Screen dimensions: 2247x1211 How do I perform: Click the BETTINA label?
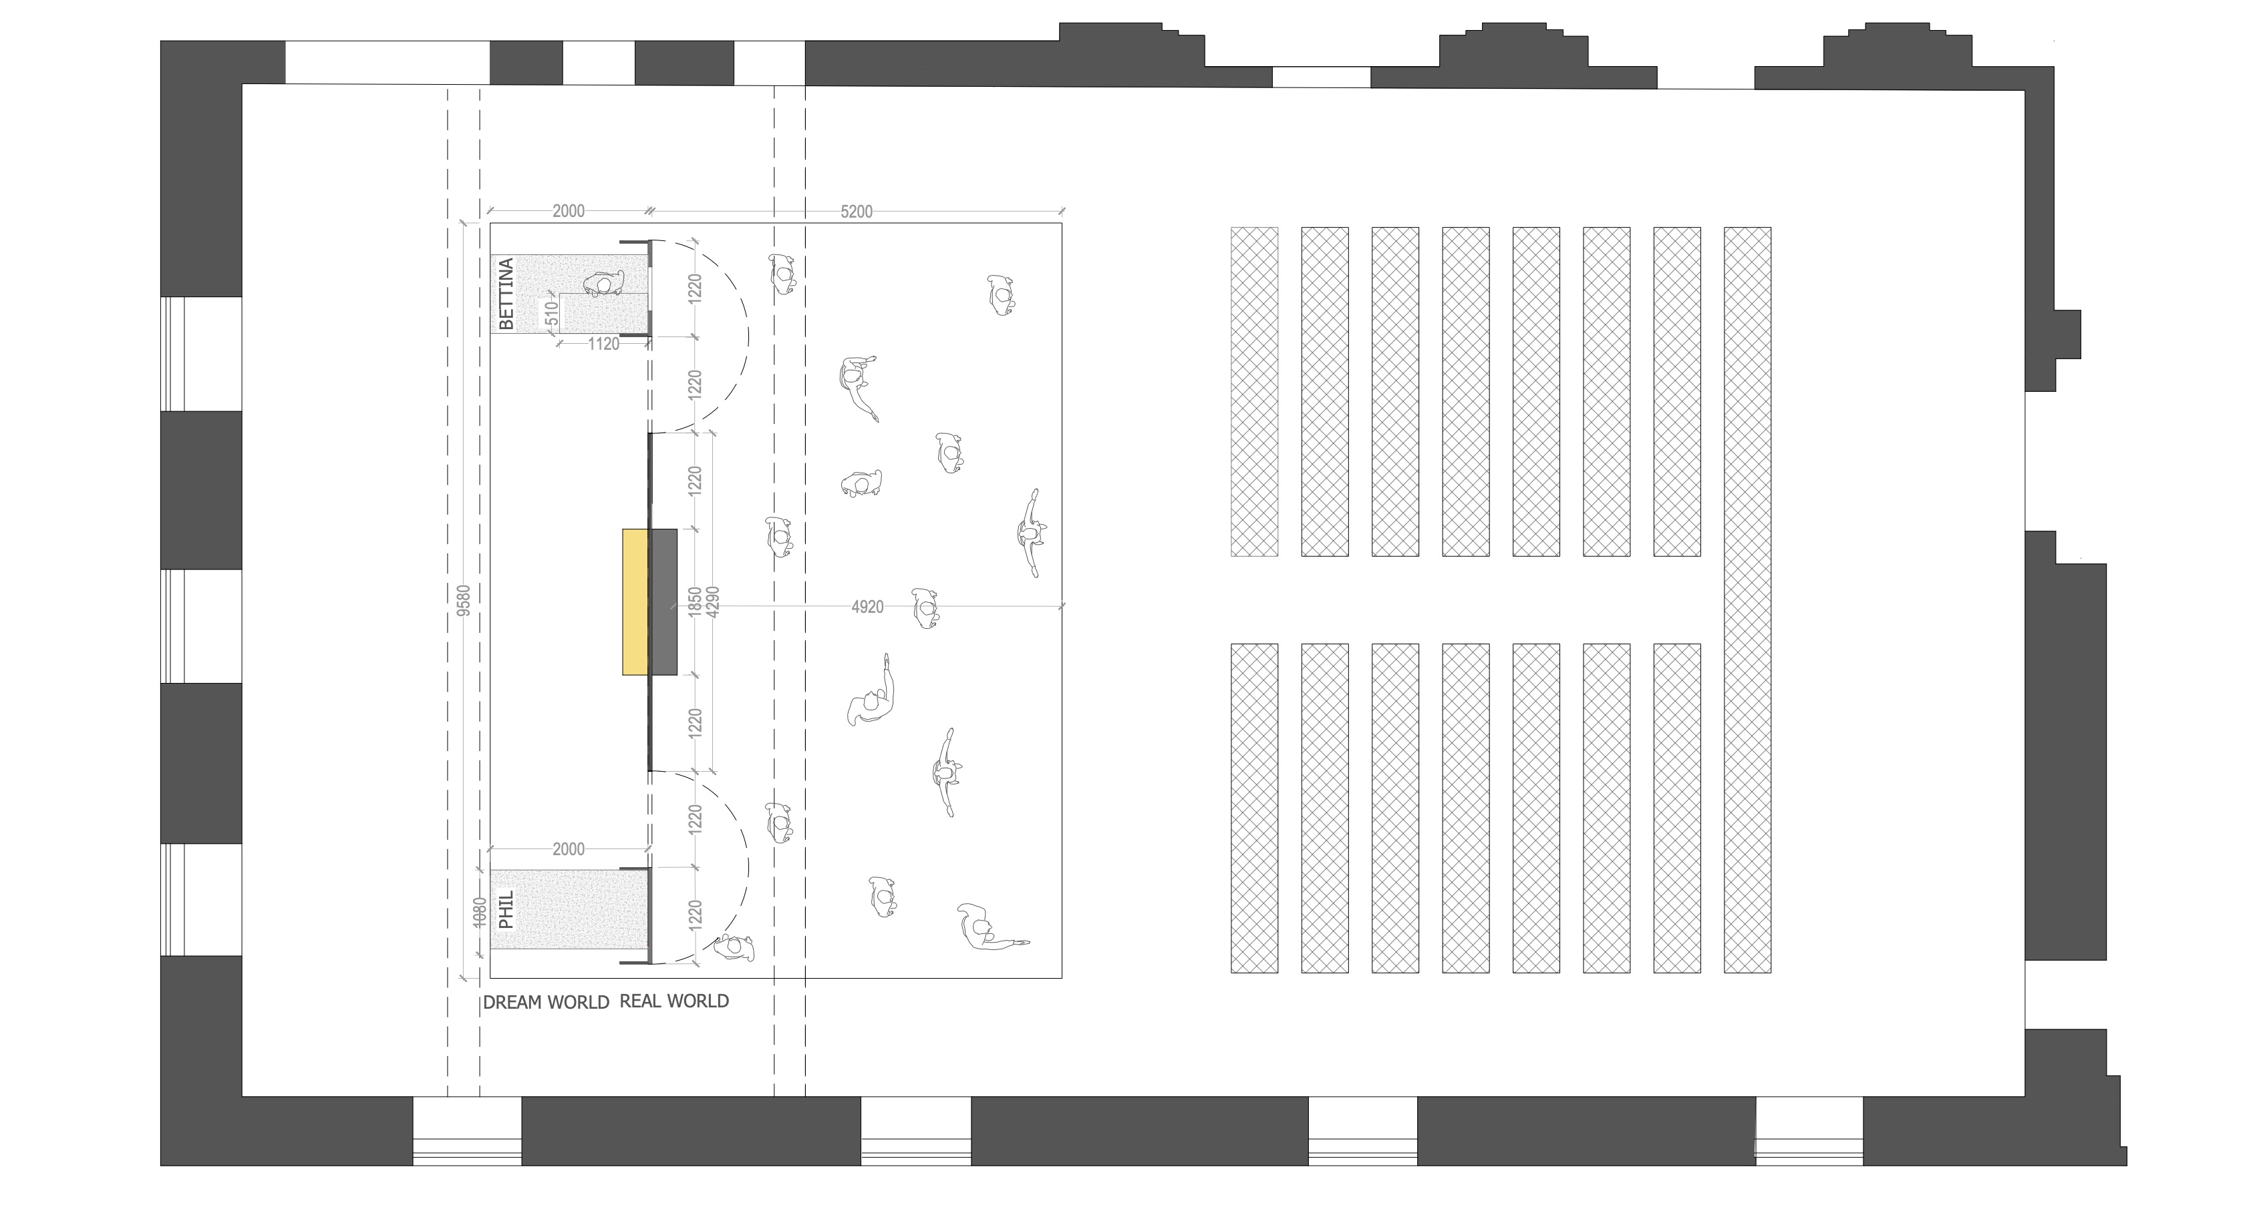[x=506, y=294]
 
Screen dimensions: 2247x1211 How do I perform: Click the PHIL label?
[x=506, y=909]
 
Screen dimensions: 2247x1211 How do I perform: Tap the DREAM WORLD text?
[x=546, y=1003]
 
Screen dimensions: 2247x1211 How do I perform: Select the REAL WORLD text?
[x=674, y=1001]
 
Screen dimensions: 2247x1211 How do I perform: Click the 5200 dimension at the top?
[x=856, y=212]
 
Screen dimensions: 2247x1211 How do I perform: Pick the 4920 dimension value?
[x=867, y=607]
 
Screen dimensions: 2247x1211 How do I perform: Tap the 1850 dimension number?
[x=695, y=601]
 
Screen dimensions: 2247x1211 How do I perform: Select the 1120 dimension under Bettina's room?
[x=603, y=344]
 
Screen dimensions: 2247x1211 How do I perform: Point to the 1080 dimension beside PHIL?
[x=478, y=912]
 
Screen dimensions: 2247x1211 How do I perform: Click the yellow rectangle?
[x=635, y=601]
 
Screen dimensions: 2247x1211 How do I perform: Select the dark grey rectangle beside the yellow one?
[x=663, y=601]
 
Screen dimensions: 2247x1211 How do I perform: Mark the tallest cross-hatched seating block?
[x=1747, y=600]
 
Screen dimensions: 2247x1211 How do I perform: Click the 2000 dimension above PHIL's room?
[x=569, y=849]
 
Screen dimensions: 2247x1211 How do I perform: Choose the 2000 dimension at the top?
[x=569, y=212]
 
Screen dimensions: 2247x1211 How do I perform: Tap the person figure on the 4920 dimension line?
[x=925, y=608]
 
